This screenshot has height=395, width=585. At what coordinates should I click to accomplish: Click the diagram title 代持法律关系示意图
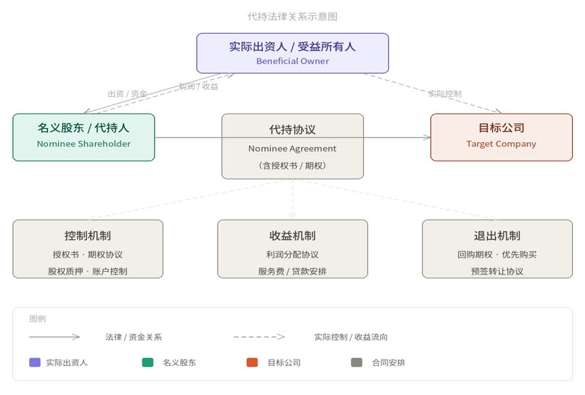click(x=293, y=17)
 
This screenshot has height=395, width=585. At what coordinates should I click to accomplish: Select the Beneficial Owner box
click(x=293, y=53)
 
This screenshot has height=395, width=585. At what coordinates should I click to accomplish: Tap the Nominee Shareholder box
click(x=83, y=138)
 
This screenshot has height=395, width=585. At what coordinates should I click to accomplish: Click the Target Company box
click(x=502, y=138)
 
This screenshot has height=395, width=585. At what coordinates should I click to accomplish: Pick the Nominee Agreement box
click(x=293, y=146)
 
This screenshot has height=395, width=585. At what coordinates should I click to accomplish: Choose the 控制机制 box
click(x=87, y=249)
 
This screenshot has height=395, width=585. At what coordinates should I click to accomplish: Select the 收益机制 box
click(x=293, y=249)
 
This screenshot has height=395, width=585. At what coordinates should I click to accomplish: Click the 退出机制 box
click(x=498, y=249)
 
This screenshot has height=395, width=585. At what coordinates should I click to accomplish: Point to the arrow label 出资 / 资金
click(x=127, y=93)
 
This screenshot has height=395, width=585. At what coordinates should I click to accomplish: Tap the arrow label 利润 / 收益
click(x=199, y=86)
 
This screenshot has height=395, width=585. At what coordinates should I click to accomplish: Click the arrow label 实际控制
click(x=445, y=93)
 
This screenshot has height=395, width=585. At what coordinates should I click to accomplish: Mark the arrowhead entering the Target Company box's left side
click(x=427, y=138)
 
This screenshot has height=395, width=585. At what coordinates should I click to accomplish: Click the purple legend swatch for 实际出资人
click(x=35, y=362)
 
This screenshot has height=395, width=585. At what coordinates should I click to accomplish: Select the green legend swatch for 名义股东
click(x=148, y=362)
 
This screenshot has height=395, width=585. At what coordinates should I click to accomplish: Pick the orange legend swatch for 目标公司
click(x=252, y=362)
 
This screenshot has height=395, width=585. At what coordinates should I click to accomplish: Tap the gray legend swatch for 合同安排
click(x=357, y=362)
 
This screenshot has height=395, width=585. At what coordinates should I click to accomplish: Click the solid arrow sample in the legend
click(x=54, y=337)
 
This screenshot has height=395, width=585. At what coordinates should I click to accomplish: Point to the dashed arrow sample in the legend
click(x=260, y=337)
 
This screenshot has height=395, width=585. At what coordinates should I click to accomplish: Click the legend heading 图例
click(x=37, y=318)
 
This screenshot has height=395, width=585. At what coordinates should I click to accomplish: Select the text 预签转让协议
click(x=498, y=271)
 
